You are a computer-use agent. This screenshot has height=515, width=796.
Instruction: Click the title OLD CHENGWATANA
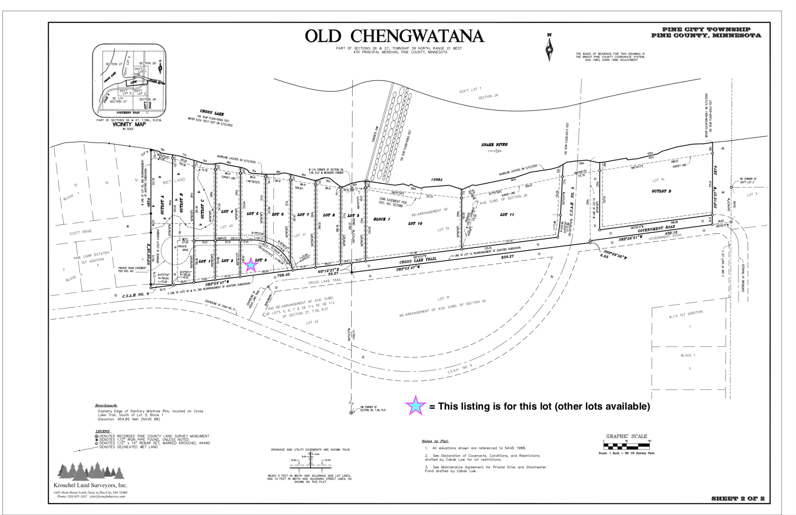click(x=394, y=36)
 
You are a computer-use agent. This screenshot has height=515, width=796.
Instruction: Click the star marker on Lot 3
click(x=251, y=265)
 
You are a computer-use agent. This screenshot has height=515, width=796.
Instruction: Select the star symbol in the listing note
click(x=416, y=405)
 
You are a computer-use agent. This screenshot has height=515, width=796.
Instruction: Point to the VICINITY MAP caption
click(x=129, y=124)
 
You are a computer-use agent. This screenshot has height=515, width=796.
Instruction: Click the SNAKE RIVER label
click(x=494, y=145)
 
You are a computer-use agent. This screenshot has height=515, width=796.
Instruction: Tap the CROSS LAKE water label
click(x=212, y=113)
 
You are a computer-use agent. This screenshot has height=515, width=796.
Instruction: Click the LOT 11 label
click(x=507, y=215)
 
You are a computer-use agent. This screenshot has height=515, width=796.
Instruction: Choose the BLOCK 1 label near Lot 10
click(x=382, y=219)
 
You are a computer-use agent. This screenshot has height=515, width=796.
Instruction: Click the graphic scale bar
click(x=626, y=446)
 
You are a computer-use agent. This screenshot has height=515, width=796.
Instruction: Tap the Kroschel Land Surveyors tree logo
click(x=91, y=471)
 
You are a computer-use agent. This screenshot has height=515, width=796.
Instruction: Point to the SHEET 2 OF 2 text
click(x=737, y=498)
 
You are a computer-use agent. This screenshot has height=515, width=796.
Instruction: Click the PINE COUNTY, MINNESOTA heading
click(x=706, y=36)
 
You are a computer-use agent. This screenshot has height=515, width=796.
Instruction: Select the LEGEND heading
click(x=103, y=431)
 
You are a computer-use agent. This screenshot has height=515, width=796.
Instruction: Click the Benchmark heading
click(x=106, y=405)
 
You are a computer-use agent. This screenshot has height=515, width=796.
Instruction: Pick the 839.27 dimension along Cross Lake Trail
click(x=507, y=257)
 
